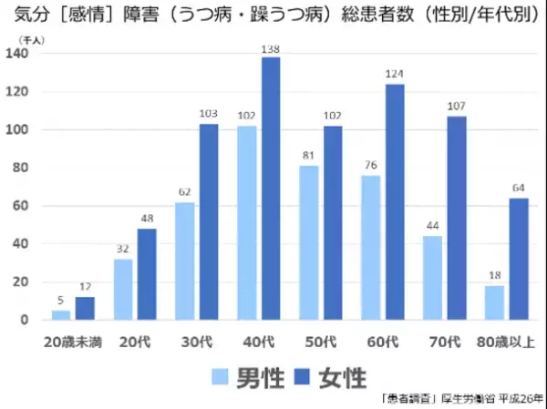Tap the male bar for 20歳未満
(60, 315)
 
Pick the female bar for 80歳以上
(519, 259)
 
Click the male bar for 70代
(432, 278)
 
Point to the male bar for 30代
(184, 261)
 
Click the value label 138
(271, 47)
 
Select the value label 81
(308, 156)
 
